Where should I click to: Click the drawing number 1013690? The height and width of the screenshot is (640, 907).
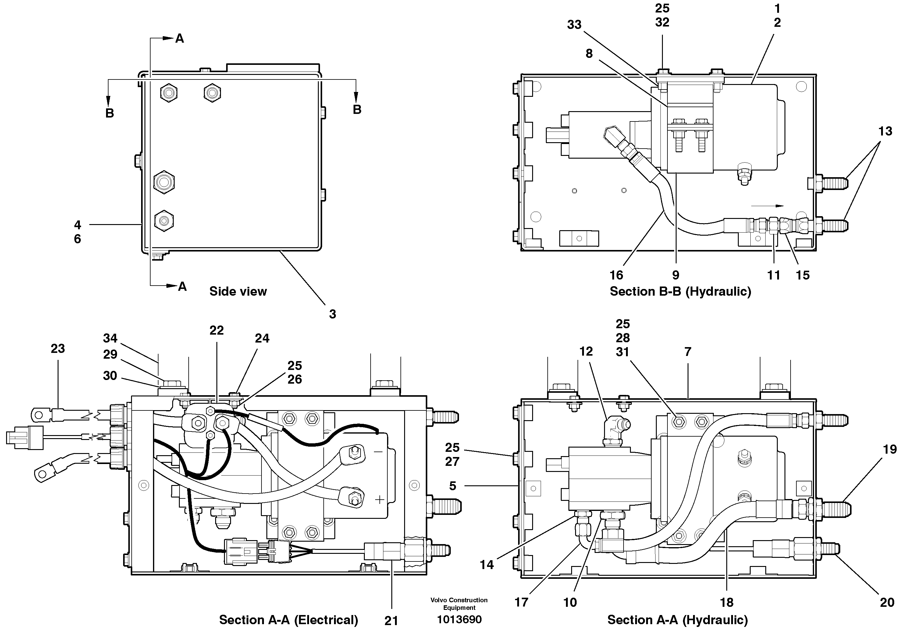(459, 620)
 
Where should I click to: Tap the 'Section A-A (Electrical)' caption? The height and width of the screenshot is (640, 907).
(288, 620)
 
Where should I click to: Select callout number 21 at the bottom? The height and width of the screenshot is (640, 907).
(391, 621)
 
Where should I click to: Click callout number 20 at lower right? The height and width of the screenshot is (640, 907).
(887, 602)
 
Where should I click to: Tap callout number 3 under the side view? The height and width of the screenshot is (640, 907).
(332, 314)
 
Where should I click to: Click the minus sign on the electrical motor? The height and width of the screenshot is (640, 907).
(378, 452)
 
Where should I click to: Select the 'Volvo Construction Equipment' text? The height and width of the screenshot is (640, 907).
(459, 604)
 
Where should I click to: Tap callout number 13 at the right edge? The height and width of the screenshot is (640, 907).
(885, 132)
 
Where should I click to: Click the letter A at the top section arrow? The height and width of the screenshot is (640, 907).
(179, 38)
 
